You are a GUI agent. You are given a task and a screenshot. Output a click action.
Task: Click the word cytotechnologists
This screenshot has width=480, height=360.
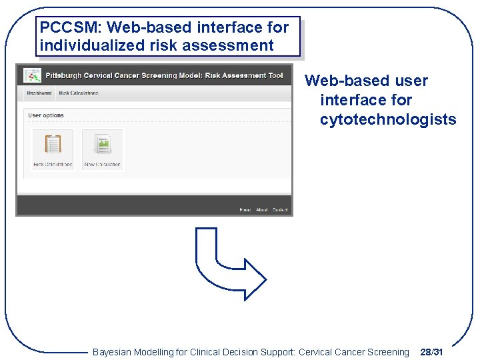[x=388, y=120]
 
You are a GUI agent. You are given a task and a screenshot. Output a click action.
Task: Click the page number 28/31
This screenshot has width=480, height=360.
[x=431, y=352]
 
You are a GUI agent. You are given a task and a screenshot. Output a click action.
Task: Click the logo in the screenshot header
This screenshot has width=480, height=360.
[x=31, y=75]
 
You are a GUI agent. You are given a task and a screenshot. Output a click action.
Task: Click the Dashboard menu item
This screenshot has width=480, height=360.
[x=39, y=93]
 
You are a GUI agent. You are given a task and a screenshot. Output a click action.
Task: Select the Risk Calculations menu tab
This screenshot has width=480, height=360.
[x=79, y=93]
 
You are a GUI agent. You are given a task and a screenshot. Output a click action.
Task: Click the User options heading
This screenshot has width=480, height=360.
[x=46, y=115]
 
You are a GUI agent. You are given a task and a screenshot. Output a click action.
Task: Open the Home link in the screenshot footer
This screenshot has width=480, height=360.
[x=245, y=210]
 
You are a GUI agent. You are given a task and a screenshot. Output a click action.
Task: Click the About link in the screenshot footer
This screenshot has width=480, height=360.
[x=261, y=210]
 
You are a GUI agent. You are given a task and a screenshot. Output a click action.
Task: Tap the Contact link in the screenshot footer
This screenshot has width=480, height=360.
[x=280, y=210]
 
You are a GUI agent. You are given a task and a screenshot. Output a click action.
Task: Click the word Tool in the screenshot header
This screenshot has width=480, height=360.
[x=275, y=75]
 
